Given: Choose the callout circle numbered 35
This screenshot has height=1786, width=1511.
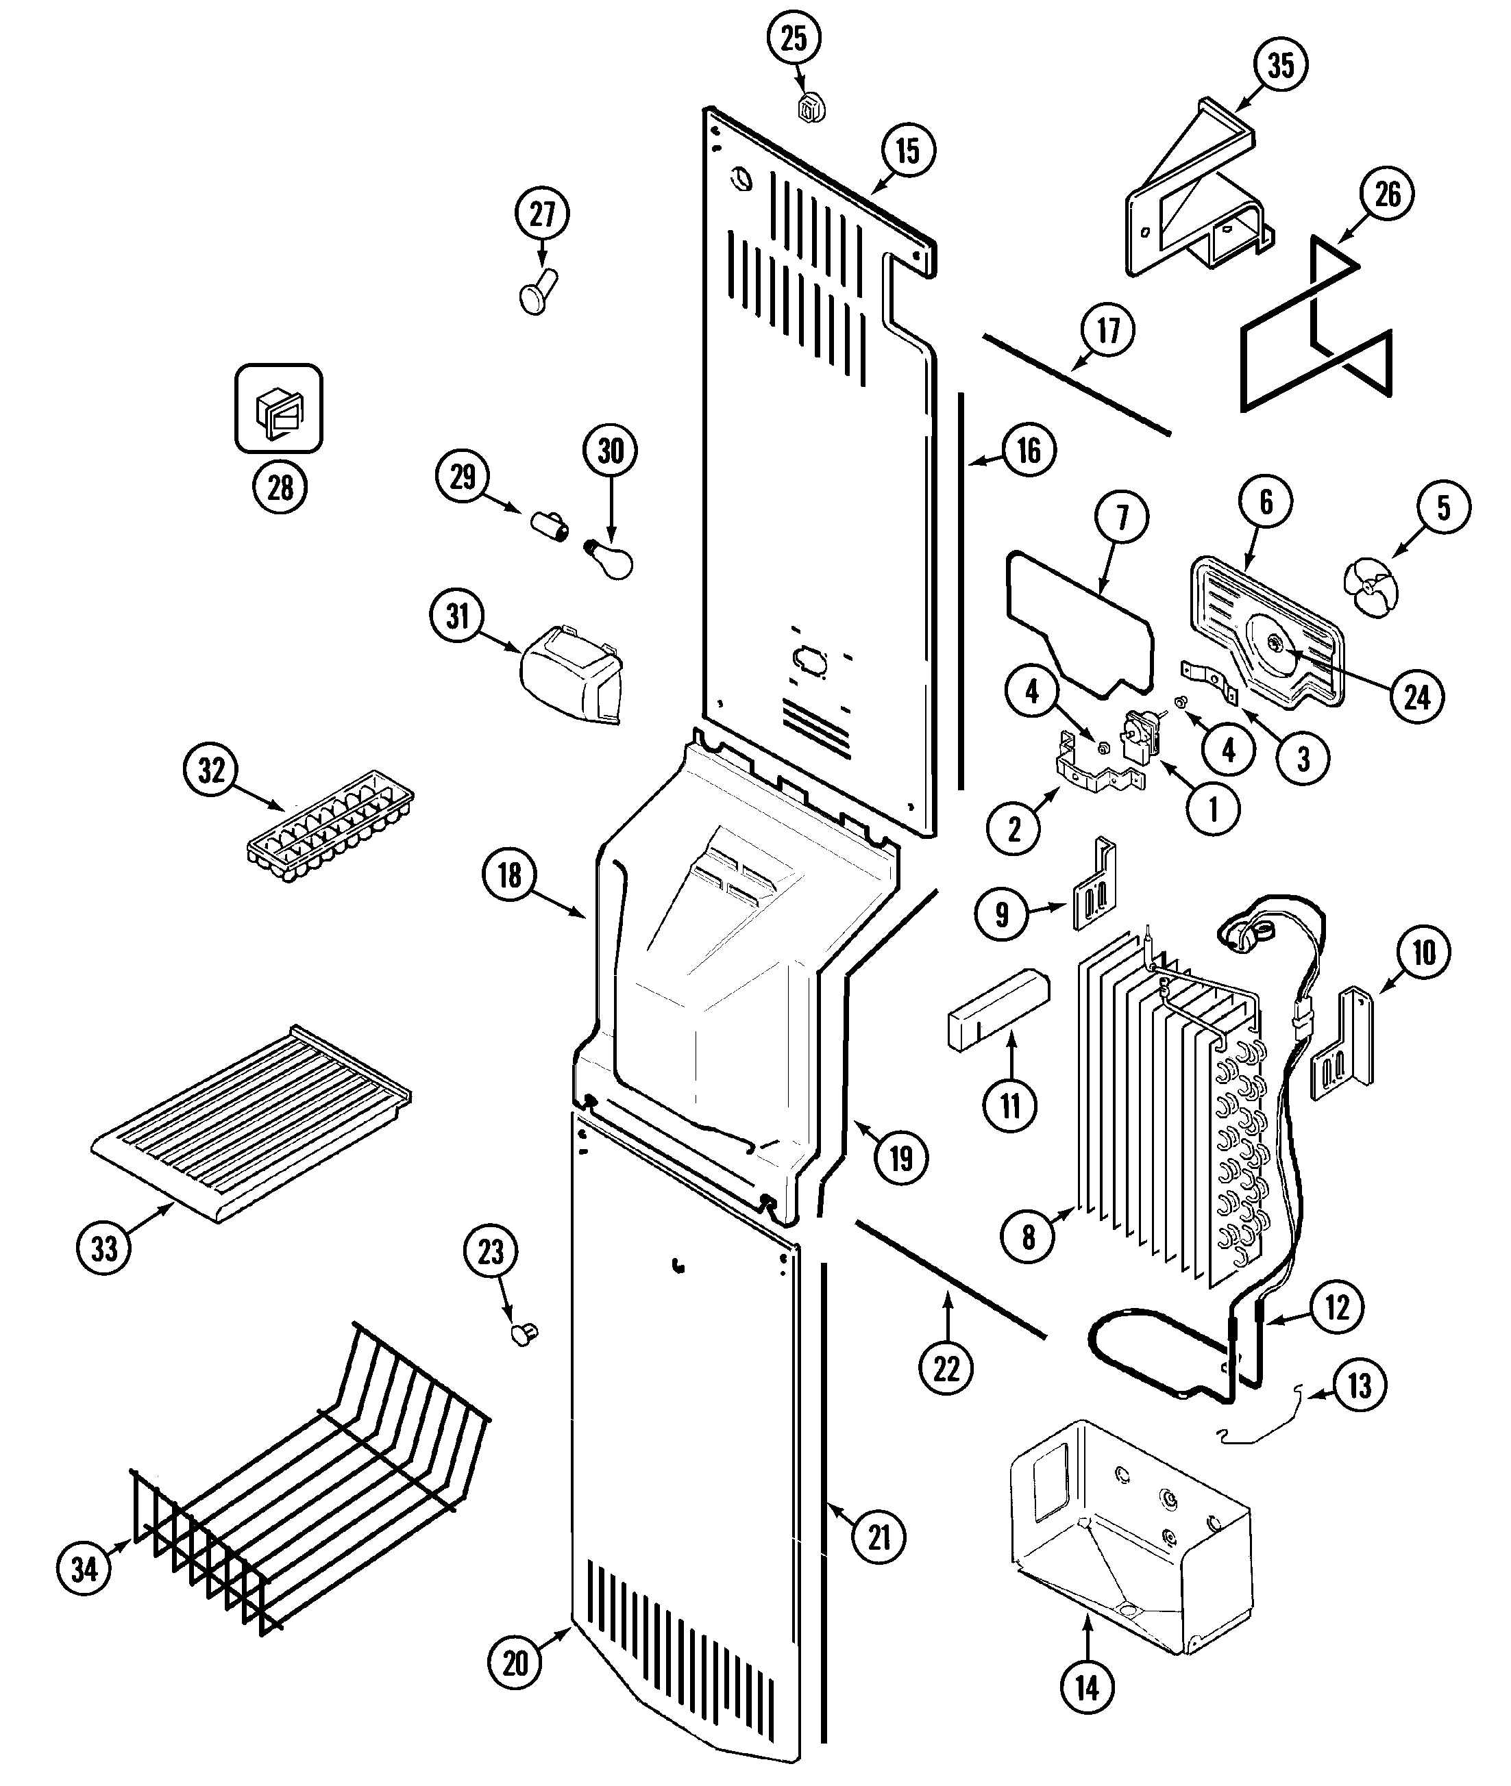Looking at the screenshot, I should pos(1280,64).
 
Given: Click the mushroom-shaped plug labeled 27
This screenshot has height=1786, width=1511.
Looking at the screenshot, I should pos(538,290).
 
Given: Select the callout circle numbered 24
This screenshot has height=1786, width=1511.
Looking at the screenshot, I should pos(1417,698).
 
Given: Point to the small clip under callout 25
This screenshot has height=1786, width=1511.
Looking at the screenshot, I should pos(810,108).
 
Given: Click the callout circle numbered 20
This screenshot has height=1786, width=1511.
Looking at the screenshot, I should pos(514,1663).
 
